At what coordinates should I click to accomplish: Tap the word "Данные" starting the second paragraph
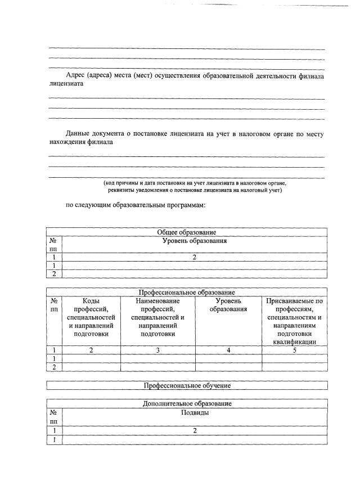pyautogui.click(x=78, y=134)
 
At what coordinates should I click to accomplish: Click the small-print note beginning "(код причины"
pyautogui.click(x=195, y=187)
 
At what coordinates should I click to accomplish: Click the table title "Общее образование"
pyautogui.click(x=186, y=232)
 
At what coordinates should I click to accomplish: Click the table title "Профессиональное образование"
pyautogui.click(x=186, y=292)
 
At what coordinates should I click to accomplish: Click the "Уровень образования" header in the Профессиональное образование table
pyautogui.click(x=228, y=305)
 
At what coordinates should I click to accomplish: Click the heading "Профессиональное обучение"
pyautogui.click(x=186, y=386)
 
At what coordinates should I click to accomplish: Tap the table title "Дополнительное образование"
pyautogui.click(x=186, y=403)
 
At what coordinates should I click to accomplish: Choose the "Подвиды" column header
pyautogui.click(x=194, y=412)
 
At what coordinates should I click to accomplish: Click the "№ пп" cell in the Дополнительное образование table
pyautogui.click(x=54, y=416)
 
